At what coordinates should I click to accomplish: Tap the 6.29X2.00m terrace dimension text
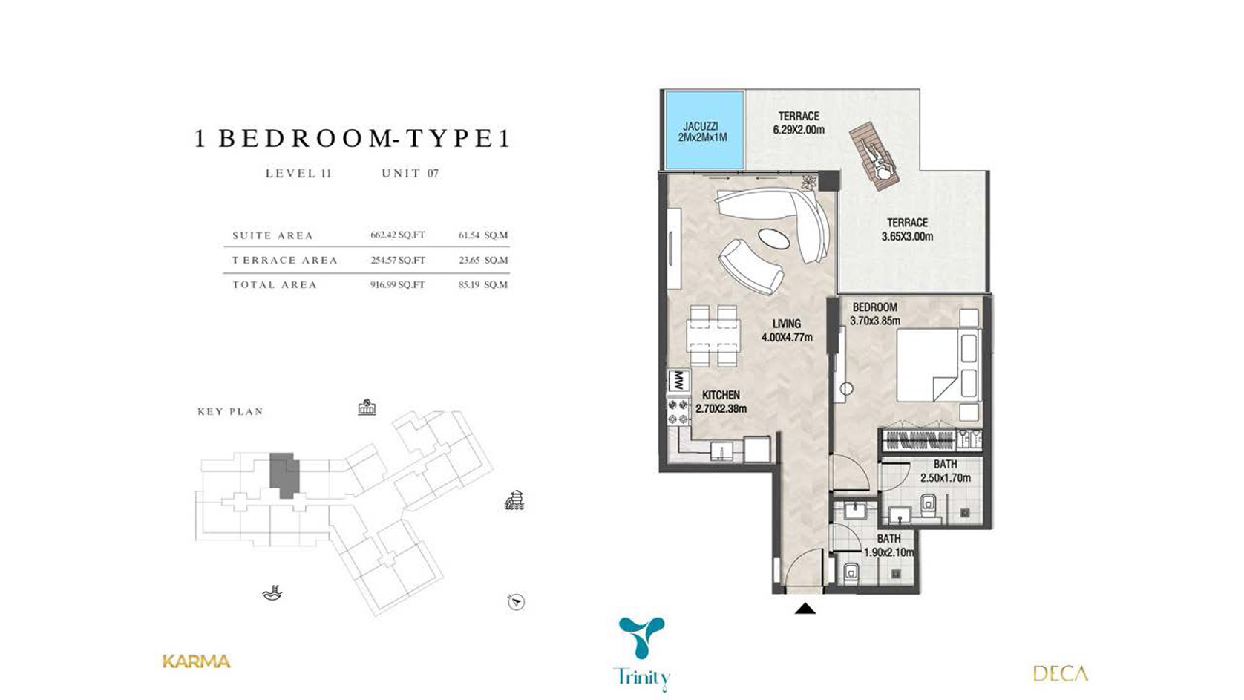point(799,130)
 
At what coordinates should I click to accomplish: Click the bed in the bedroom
point(939,364)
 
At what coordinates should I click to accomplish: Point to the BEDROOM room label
point(874,307)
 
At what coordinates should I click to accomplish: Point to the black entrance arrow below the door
point(805,609)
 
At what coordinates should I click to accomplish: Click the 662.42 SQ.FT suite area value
point(398,235)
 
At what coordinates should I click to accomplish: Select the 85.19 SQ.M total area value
point(483,284)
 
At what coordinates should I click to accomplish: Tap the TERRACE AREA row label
point(285,260)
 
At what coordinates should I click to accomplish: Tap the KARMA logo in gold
point(197,661)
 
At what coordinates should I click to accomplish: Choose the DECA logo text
point(1060,673)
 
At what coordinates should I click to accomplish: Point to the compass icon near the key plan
point(516,602)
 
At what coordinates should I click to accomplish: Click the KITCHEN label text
point(721,395)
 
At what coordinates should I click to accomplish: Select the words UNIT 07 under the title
point(410,174)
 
